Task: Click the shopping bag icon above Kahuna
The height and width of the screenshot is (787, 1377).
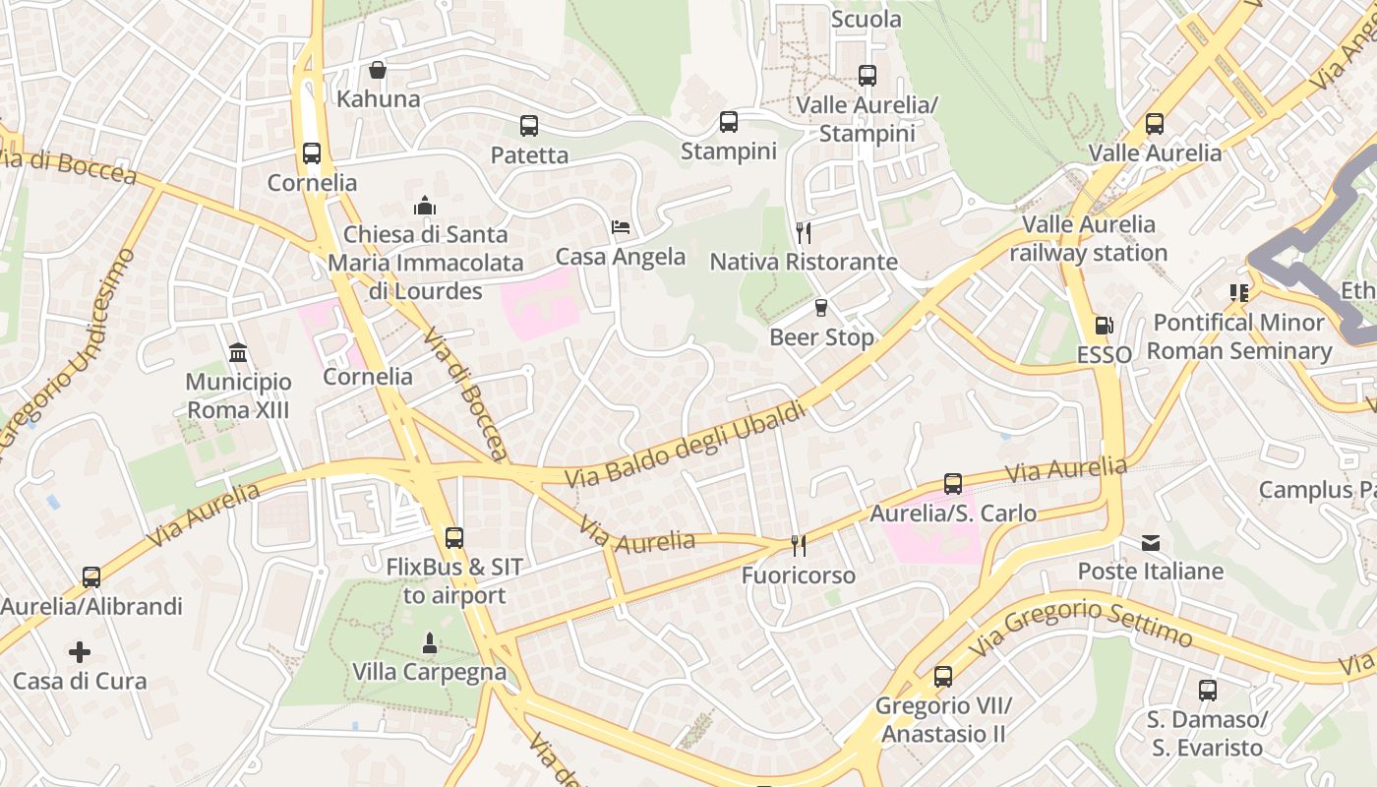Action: pyautogui.click(x=377, y=70)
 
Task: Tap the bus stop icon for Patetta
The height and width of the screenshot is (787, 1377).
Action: pyautogui.click(x=529, y=126)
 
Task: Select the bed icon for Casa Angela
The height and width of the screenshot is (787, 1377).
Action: pyautogui.click(x=621, y=227)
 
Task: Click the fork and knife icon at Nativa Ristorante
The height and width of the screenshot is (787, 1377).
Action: pyautogui.click(x=804, y=232)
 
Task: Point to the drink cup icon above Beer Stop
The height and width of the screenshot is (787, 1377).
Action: pyautogui.click(x=821, y=308)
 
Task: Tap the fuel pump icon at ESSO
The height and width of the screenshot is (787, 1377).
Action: pyautogui.click(x=1105, y=325)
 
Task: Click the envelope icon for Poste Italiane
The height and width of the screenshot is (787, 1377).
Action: pyautogui.click(x=1151, y=542)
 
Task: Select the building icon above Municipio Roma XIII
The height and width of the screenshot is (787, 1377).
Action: pyautogui.click(x=238, y=352)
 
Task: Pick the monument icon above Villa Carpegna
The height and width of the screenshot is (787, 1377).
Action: pyautogui.click(x=429, y=643)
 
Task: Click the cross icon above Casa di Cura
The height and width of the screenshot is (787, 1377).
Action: pyautogui.click(x=80, y=651)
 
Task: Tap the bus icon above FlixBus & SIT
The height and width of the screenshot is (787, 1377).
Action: pyautogui.click(x=453, y=538)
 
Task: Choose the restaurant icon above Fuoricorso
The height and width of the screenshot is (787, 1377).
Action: pyautogui.click(x=799, y=545)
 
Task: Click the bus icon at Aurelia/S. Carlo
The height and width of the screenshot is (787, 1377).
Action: pyautogui.click(x=953, y=484)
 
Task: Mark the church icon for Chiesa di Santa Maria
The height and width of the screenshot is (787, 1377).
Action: pyautogui.click(x=425, y=206)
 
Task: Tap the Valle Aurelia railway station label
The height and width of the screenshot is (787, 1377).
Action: pyautogui.click(x=1089, y=239)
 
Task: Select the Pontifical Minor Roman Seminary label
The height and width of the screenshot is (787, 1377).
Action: pyautogui.click(x=1239, y=336)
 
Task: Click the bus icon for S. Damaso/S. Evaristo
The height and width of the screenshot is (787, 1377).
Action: pyautogui.click(x=1208, y=691)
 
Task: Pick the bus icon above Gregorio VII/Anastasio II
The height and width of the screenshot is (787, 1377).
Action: pyautogui.click(x=943, y=677)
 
